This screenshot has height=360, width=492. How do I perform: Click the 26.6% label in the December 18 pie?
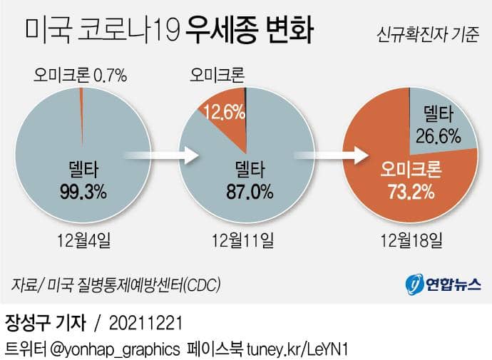pyautogui.click(x=436, y=135)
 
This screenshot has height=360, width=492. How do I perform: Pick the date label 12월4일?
pyautogui.click(x=84, y=240)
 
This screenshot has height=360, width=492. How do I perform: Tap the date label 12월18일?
pyautogui.click(x=412, y=240)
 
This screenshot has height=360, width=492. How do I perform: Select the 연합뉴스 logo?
pyautogui.click(x=441, y=284)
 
